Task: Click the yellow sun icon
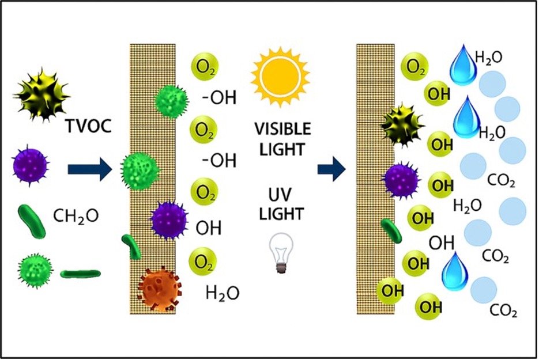tap(281, 74)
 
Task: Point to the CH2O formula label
tap(76, 216)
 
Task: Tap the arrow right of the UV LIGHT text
tap(331, 170)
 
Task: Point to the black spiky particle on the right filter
tap(403, 125)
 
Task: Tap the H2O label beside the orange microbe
tap(223, 293)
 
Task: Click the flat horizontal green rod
tap(80, 273)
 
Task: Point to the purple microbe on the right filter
tap(402, 180)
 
